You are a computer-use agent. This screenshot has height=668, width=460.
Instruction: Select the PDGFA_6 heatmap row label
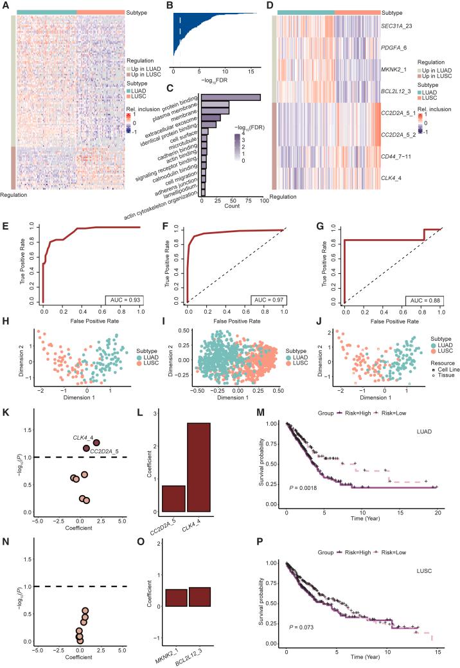coord(398,47)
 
